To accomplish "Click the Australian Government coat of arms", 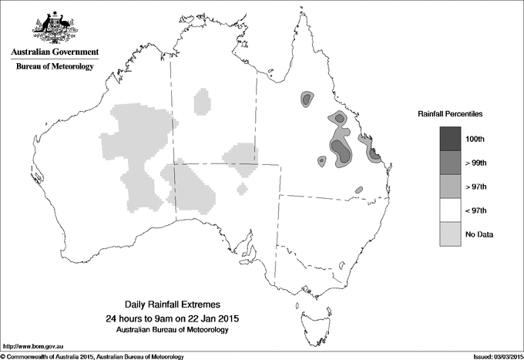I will (54, 26).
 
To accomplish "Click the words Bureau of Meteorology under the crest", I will (54, 67).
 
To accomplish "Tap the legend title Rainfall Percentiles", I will (450, 113).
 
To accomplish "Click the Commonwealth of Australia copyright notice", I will (92, 356).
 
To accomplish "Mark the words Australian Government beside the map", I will (54, 52).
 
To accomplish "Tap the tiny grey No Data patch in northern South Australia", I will (244, 188).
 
